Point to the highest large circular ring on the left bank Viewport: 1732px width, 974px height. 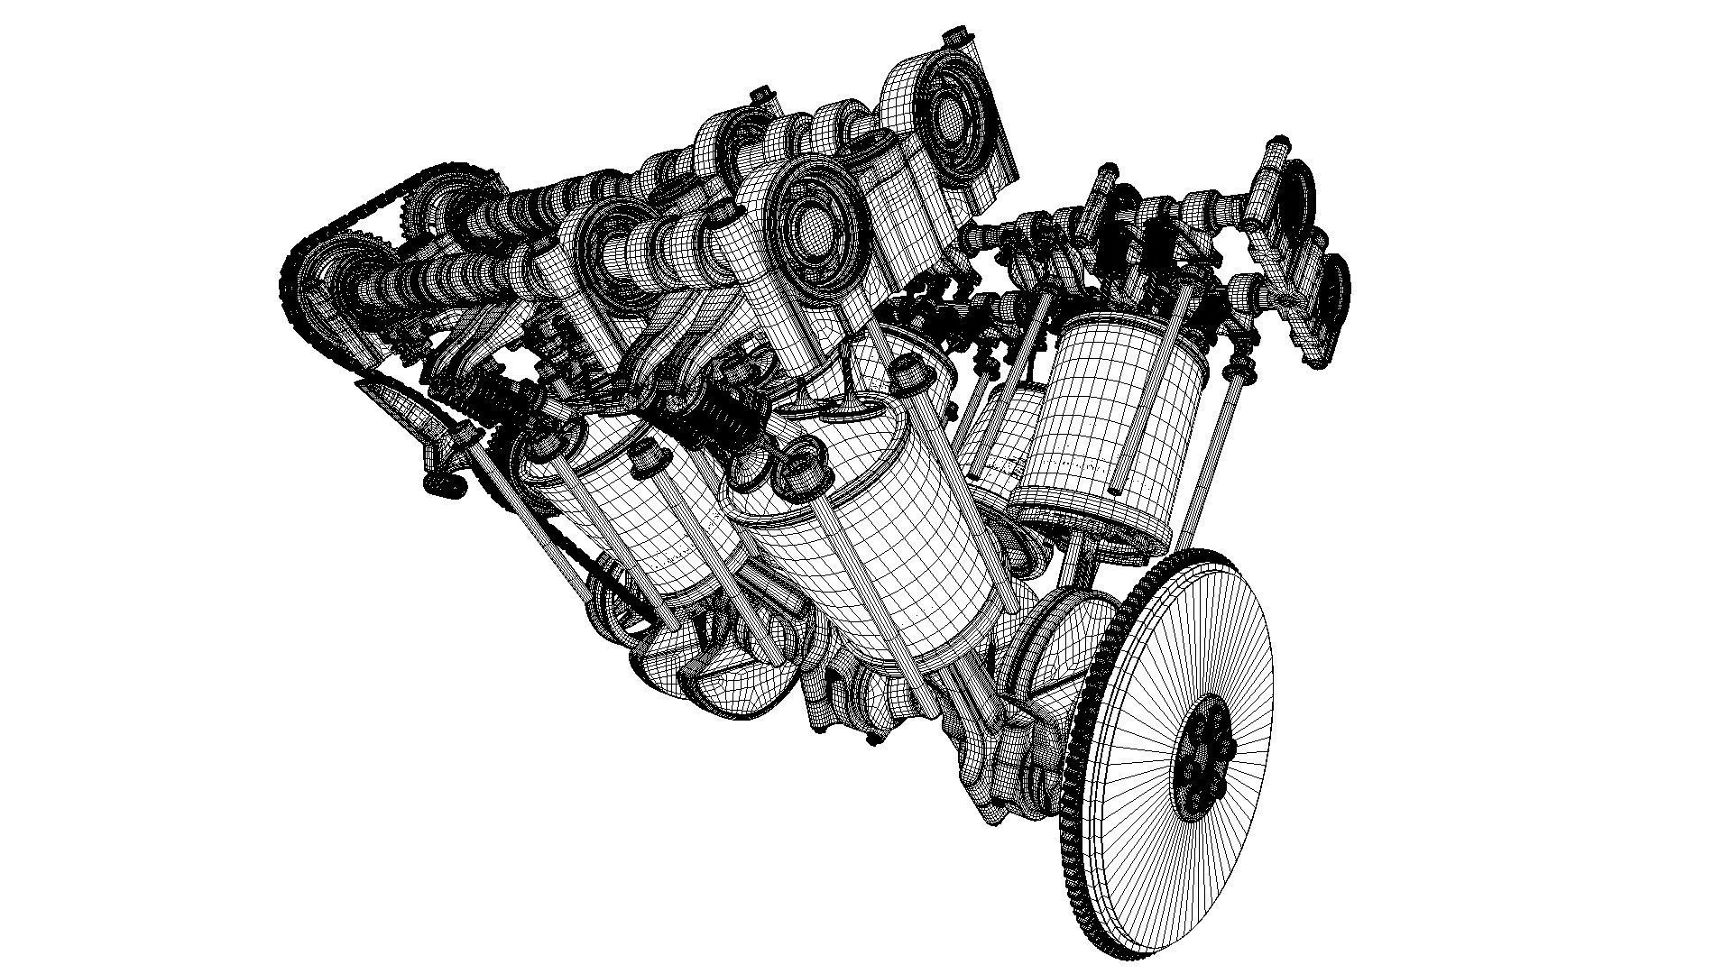tap(952, 113)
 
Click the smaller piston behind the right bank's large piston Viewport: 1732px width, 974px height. tap(1006, 433)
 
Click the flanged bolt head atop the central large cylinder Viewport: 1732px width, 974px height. tap(907, 370)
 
